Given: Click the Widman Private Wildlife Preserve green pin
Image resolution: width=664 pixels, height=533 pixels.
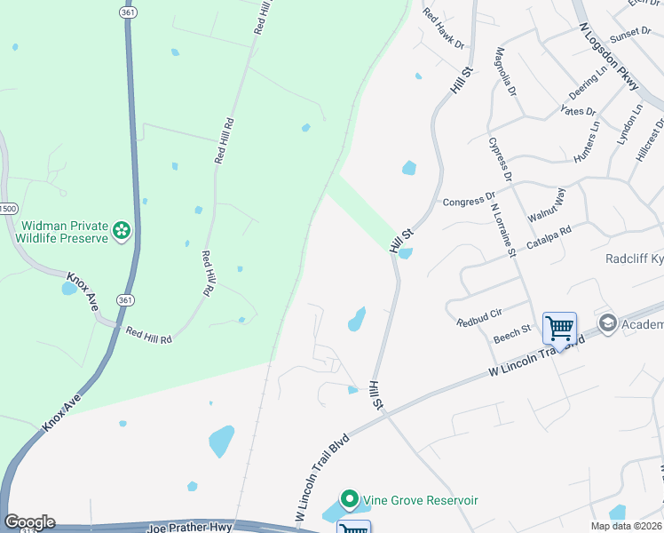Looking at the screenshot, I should coord(123,233).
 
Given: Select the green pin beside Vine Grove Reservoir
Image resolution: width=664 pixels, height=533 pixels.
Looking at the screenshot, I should coord(350,501).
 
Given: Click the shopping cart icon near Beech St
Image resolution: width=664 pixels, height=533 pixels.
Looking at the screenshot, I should coord(559,328).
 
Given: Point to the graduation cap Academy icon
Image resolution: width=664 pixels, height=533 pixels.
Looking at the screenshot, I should coord(607,322).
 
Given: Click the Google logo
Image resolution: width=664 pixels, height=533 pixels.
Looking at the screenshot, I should coord(29,522).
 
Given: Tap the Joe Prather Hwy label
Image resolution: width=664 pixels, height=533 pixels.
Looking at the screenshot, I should coord(189,528).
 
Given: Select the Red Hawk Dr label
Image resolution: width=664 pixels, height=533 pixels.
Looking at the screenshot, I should coord(443,28).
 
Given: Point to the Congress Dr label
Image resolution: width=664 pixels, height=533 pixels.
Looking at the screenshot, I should coord(469,202).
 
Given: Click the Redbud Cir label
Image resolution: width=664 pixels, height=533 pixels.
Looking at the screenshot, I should coord(479,317).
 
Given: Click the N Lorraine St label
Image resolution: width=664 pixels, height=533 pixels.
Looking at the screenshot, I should coord(503,229).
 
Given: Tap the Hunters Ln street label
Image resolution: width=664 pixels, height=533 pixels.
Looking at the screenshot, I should coord(589,138).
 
